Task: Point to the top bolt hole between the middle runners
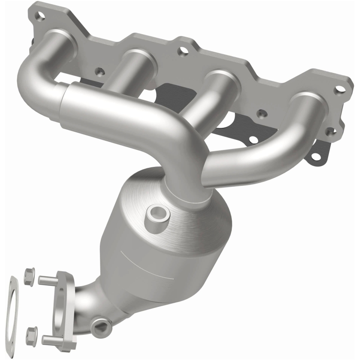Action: coord(182,52)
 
